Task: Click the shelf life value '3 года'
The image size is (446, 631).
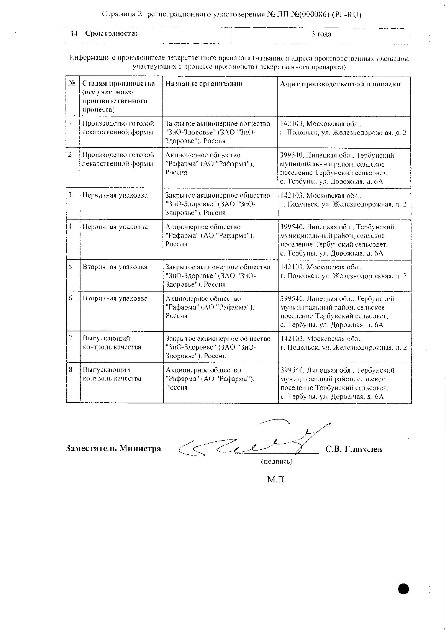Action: point(321,34)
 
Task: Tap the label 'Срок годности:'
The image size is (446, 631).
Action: point(112,33)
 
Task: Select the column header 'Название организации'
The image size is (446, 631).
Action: point(204,84)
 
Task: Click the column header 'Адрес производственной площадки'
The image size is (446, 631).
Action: point(340,84)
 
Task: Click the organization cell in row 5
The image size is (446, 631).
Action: point(218,275)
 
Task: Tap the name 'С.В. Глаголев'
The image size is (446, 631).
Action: point(354,449)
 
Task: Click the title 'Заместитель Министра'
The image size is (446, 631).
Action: point(113,448)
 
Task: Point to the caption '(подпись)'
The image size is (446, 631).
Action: point(277,462)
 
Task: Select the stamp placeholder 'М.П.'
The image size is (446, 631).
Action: point(277,480)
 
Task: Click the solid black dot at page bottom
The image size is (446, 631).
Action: point(403,589)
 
